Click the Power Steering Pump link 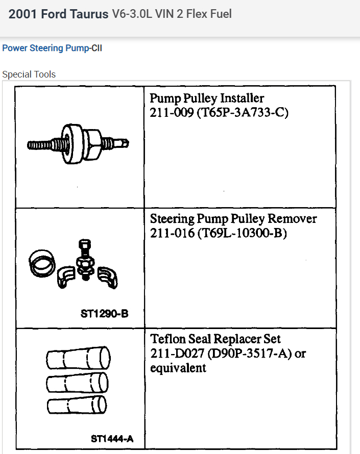(45, 48)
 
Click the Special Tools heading (29, 74)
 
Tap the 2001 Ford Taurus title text (58, 14)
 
